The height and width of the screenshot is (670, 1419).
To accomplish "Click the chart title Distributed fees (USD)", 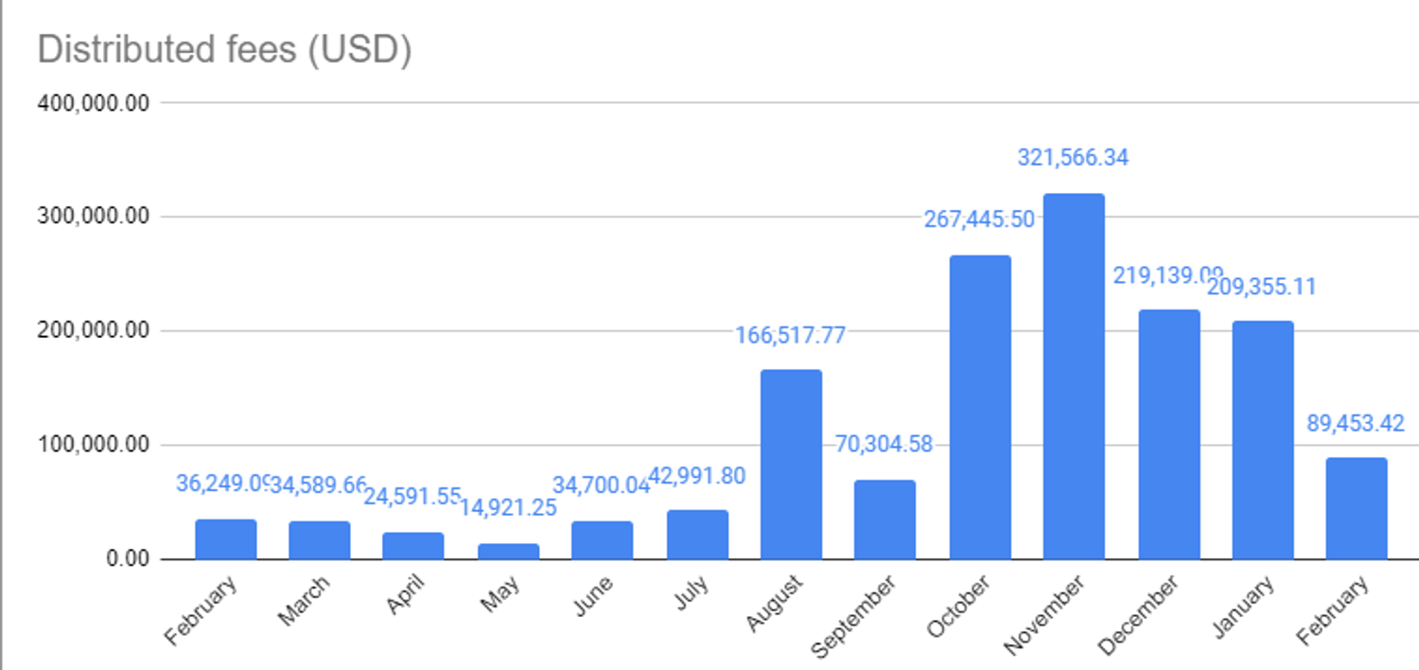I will point(224,49).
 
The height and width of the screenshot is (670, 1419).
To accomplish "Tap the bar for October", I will point(980,407).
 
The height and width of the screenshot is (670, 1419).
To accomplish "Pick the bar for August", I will point(791,464).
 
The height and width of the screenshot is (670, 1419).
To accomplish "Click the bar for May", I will point(508,551).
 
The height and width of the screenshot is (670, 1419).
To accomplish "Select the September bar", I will point(885,520).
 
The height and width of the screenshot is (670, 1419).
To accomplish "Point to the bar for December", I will point(1168,434).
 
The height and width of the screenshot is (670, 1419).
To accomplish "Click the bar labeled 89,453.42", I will point(1357,508).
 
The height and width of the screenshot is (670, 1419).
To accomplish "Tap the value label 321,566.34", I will point(1073,158).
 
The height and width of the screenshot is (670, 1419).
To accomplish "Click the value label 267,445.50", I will point(979,220).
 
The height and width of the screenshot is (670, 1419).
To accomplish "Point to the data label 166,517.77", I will point(791,334).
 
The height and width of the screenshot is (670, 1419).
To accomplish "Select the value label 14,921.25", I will point(508,508).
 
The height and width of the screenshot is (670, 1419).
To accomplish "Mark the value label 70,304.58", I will point(885,445).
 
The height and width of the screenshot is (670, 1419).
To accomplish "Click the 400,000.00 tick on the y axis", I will point(94,103).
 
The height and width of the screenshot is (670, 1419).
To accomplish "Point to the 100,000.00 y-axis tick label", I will point(94,445).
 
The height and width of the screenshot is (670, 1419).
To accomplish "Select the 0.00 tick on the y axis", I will point(128,559).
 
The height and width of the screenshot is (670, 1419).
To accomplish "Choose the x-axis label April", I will point(408,594).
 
